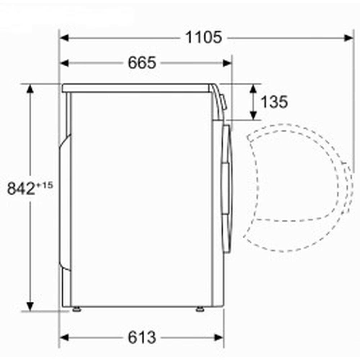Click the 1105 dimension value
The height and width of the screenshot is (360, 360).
click(203, 37)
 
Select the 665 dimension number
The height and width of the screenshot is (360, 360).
click(142, 63)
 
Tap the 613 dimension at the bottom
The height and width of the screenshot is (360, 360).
click(142, 338)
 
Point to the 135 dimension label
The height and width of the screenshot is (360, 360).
click(274, 102)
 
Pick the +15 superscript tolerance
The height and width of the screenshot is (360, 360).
click(44, 185)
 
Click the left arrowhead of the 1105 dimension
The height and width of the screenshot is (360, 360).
click(64, 38)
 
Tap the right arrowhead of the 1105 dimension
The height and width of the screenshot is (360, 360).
click(349, 38)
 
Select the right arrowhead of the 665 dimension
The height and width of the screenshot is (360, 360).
click(227, 63)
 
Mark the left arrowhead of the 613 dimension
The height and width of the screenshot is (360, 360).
click(64, 338)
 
